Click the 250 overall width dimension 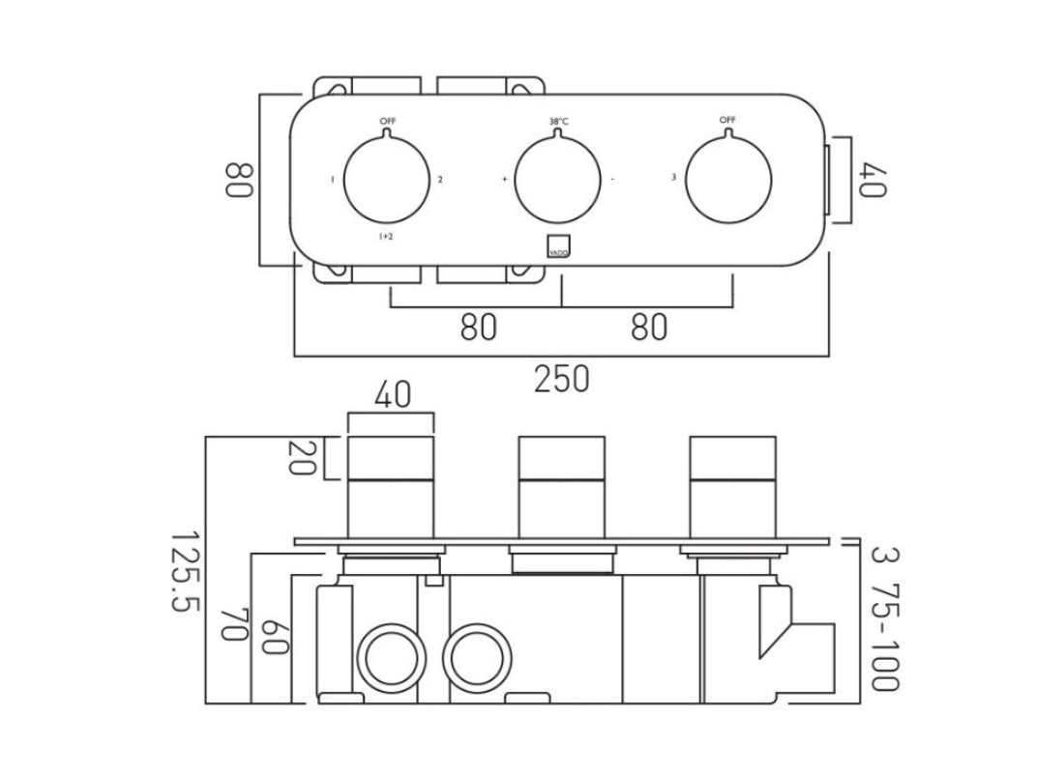click(x=561, y=379)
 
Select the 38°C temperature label click(x=558, y=122)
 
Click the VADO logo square click(x=559, y=246)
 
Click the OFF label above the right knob click(x=727, y=120)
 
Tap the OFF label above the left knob click(x=388, y=121)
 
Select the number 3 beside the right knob click(x=673, y=178)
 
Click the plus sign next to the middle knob click(x=504, y=180)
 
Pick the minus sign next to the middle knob click(x=612, y=180)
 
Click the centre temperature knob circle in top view click(x=558, y=180)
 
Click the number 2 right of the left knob click(x=440, y=180)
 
